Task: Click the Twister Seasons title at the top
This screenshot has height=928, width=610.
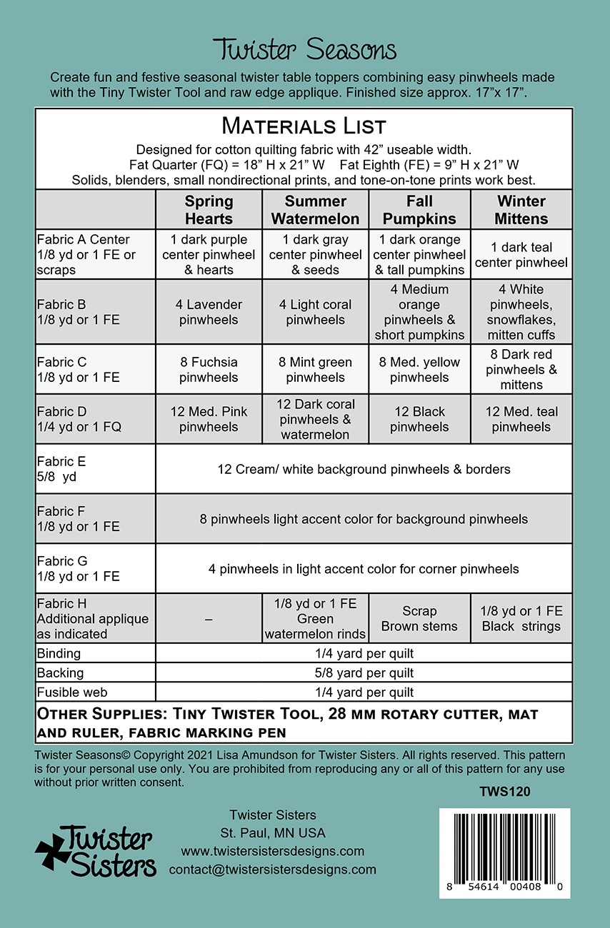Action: tap(305, 50)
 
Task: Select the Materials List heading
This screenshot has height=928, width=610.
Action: tap(304, 126)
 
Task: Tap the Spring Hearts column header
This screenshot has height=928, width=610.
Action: tap(209, 210)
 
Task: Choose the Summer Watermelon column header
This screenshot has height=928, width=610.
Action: tap(315, 210)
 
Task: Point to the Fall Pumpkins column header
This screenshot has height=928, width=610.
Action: tap(419, 210)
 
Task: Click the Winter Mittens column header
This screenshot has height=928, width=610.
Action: tap(521, 210)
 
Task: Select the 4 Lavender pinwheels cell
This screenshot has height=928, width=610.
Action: tap(209, 312)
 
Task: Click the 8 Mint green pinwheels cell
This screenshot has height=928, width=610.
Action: tap(315, 370)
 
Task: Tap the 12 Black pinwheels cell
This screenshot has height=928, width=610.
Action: tap(419, 419)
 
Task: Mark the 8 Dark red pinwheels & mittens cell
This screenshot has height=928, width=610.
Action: tap(521, 370)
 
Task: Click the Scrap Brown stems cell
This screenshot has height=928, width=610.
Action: tap(419, 619)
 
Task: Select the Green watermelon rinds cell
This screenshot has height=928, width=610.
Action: tap(315, 619)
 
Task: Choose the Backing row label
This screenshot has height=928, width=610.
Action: tap(60, 672)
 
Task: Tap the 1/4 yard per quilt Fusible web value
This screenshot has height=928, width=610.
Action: tap(364, 692)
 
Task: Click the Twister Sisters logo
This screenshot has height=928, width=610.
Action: tap(96, 852)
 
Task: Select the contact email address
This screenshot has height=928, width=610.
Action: tap(272, 869)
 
